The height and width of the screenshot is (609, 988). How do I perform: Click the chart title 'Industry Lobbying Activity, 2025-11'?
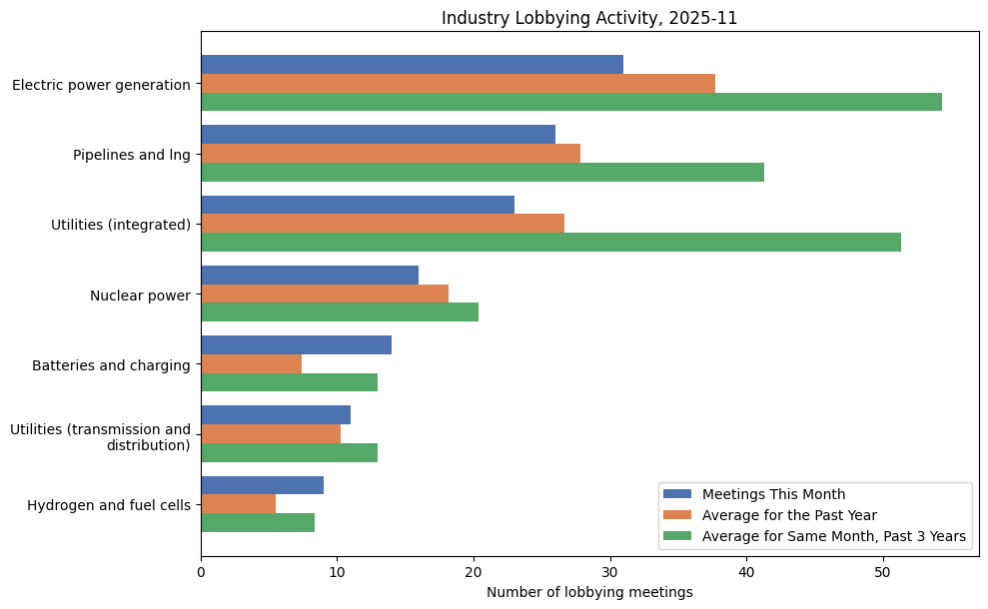(x=589, y=18)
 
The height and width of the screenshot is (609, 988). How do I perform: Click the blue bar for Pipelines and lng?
(x=378, y=135)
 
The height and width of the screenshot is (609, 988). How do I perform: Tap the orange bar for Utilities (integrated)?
(x=383, y=224)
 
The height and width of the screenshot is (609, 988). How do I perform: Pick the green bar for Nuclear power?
(x=340, y=312)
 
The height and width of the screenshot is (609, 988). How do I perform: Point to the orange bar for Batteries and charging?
(x=251, y=364)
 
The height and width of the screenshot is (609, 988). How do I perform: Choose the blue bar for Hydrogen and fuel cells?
(x=262, y=485)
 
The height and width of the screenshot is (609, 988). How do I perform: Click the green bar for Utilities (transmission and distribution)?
(x=289, y=452)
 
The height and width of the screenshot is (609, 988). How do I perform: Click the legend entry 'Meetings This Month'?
(x=773, y=494)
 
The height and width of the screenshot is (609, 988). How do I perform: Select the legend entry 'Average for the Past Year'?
(x=789, y=515)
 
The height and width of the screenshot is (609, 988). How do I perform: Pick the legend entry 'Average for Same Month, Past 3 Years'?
(x=833, y=536)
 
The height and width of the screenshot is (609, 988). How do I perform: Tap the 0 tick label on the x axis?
(x=201, y=572)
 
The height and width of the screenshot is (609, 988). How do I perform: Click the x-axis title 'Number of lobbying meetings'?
(x=589, y=592)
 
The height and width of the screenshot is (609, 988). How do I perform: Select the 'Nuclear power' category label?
(x=140, y=295)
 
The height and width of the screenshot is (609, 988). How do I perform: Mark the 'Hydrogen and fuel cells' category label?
(x=109, y=504)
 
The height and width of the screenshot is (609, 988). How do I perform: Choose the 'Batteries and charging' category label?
(x=111, y=364)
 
